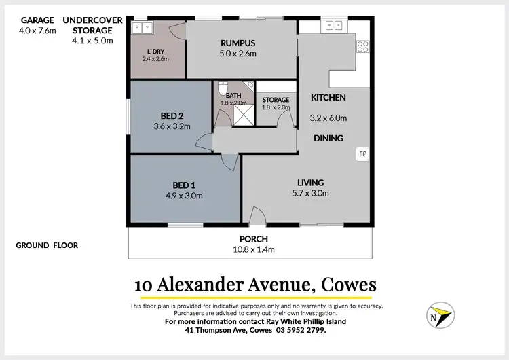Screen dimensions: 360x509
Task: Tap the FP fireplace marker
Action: pyautogui.click(x=362, y=154)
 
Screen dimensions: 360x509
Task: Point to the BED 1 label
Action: pyautogui.click(x=183, y=185)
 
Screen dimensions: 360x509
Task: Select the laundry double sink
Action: pyautogui.click(x=143, y=27)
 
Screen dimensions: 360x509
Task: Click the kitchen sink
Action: pyautogui.click(x=333, y=26)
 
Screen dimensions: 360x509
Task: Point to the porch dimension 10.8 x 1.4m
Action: pyautogui.click(x=254, y=249)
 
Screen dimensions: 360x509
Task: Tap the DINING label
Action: pyautogui.click(x=328, y=138)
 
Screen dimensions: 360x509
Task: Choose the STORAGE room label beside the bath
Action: pyautogui.click(x=276, y=100)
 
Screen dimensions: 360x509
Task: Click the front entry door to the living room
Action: pyautogui.click(x=257, y=217)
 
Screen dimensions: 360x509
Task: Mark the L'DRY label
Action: pyautogui.click(x=155, y=52)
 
